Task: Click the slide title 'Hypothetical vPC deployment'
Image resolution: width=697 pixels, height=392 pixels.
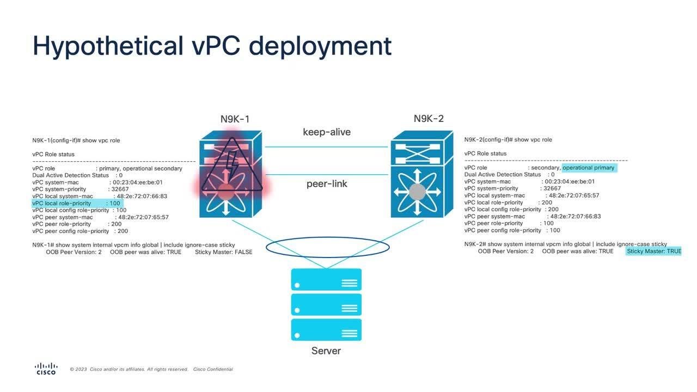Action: (212, 46)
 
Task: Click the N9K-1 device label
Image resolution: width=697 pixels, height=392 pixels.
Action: (235, 119)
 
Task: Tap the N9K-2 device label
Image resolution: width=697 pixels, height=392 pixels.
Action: (429, 119)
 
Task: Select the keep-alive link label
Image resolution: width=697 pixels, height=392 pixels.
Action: (327, 132)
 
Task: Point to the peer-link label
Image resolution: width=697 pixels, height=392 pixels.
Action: (327, 183)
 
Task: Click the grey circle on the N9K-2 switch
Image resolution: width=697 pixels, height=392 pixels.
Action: (417, 192)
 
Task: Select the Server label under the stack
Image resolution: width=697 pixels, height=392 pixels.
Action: (326, 351)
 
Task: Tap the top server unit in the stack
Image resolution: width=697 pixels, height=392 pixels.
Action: (326, 279)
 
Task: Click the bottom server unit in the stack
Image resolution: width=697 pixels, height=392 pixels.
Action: (326, 330)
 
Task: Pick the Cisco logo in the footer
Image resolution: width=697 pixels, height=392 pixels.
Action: (46, 369)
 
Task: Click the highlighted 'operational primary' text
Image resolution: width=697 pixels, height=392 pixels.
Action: (588, 168)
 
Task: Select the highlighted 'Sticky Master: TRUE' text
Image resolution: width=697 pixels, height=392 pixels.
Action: (653, 251)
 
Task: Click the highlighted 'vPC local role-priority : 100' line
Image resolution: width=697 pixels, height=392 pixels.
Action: (77, 203)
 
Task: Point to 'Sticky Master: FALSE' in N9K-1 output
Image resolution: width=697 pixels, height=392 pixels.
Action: (223, 252)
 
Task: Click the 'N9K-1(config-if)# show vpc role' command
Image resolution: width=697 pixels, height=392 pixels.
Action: (76, 140)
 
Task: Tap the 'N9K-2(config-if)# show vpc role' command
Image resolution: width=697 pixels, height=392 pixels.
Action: (508, 140)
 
